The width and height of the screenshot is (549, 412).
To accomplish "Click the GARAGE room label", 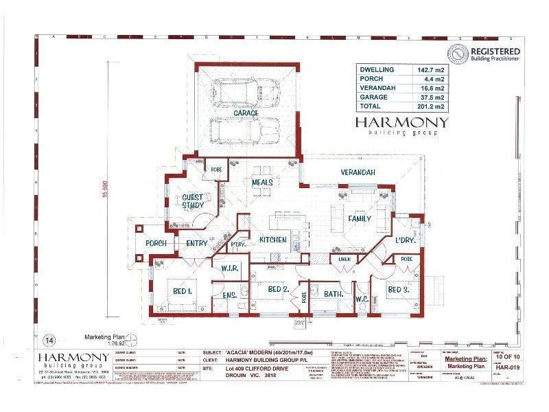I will point(246,113).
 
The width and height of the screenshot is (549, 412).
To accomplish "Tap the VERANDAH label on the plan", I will point(358,172).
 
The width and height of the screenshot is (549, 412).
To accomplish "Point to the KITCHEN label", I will point(273,240).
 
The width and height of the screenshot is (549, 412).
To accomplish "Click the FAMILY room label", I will point(359,219).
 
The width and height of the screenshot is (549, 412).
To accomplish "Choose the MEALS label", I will point(262,183).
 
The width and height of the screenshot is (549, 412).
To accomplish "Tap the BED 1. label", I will point(181,291).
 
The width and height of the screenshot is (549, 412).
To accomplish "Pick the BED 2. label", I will point(277,290).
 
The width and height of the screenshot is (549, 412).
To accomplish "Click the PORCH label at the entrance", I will point(155,243).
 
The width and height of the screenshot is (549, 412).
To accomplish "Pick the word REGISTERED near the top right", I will point(495,51).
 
